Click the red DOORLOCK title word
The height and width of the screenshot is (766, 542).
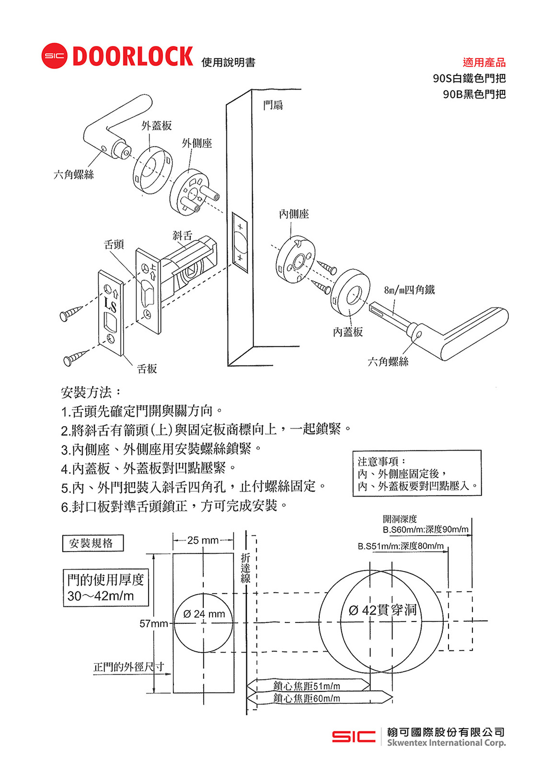point(132,56)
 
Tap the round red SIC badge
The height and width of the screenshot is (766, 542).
point(54,56)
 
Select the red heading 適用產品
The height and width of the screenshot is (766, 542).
point(484,62)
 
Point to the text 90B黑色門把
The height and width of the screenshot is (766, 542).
point(474,94)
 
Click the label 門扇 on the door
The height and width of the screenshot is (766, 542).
point(273,105)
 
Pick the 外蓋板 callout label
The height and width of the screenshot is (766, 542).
point(156,125)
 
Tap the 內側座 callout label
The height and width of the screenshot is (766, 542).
point(294,214)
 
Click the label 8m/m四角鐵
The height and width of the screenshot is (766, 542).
point(409,290)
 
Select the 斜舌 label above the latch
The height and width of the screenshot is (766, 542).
point(182,235)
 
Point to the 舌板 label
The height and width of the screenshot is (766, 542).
point(147,369)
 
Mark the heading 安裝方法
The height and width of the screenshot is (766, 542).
point(91,393)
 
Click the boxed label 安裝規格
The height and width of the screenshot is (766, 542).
point(92,543)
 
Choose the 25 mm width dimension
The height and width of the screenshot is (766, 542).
point(203,541)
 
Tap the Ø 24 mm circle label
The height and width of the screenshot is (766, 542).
point(204,614)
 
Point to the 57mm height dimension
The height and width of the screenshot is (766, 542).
point(153,623)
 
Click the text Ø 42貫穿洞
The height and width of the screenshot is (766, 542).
point(383,610)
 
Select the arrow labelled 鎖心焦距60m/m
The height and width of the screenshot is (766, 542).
point(307,698)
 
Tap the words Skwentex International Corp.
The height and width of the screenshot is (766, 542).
point(446,743)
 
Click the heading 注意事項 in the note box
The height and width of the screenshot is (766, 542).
point(381,462)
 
